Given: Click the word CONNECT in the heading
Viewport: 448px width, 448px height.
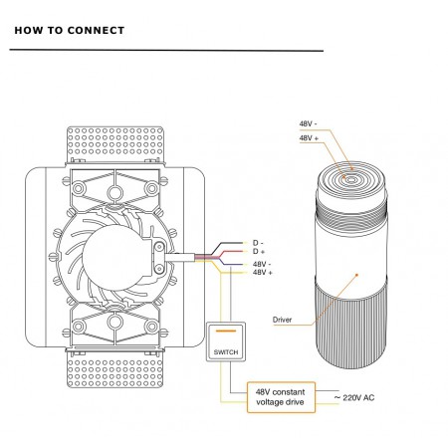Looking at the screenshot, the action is pyautogui.click(x=96, y=31).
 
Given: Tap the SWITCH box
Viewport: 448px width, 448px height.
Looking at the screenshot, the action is pyautogui.click(x=226, y=341).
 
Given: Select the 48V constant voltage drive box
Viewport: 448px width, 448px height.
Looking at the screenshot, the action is pyautogui.click(x=281, y=397).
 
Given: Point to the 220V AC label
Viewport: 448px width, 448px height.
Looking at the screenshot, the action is pyautogui.click(x=354, y=397).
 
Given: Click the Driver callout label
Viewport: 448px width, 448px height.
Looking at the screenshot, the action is pyautogui.click(x=282, y=320).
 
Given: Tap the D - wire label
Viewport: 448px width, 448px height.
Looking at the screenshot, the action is pyautogui.click(x=258, y=243).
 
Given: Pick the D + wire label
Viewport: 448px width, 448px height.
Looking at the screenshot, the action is pyautogui.click(x=259, y=251).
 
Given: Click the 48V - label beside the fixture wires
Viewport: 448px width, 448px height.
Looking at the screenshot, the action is pyautogui.click(x=262, y=264).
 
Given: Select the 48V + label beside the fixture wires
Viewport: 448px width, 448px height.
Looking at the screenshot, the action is pyautogui.click(x=263, y=273).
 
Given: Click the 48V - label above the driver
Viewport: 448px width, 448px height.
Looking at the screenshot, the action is pyautogui.click(x=308, y=123).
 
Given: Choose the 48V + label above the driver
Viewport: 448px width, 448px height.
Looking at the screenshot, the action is pyautogui.click(x=309, y=137).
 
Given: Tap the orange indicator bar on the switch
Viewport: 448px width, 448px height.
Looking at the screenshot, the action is pyautogui.click(x=226, y=331).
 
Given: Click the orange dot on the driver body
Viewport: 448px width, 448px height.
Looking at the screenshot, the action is pyautogui.click(x=357, y=275).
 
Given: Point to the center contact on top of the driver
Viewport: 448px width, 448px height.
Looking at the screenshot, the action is pyautogui.click(x=350, y=180).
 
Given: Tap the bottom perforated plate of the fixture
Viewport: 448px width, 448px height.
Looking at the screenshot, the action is pyautogui.click(x=115, y=369).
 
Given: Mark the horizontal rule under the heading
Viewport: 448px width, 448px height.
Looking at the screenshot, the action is pyautogui.click(x=166, y=51).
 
